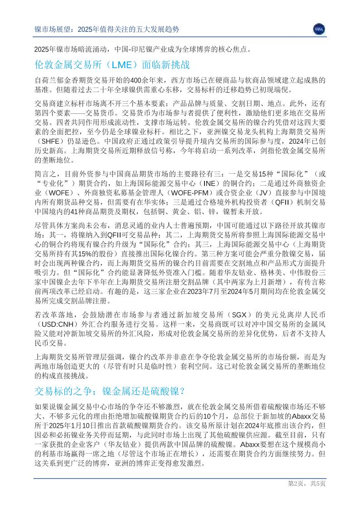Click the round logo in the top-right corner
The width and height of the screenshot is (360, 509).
coord(319,29)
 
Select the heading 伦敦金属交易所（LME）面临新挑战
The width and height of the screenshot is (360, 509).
coord(112,64)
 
